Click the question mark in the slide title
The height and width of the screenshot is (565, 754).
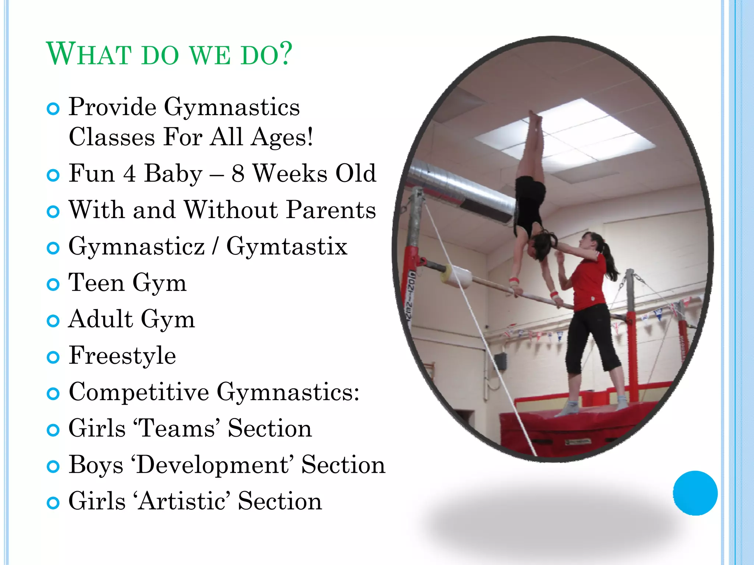283,54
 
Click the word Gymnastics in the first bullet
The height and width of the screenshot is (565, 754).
232,107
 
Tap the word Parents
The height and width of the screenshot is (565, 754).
331,210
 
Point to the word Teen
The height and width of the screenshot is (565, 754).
96,282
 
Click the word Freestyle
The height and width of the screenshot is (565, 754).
122,355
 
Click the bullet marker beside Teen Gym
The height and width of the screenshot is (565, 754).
53,284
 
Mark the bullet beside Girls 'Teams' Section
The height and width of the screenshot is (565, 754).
53,430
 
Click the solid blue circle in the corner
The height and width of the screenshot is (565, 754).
695,493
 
